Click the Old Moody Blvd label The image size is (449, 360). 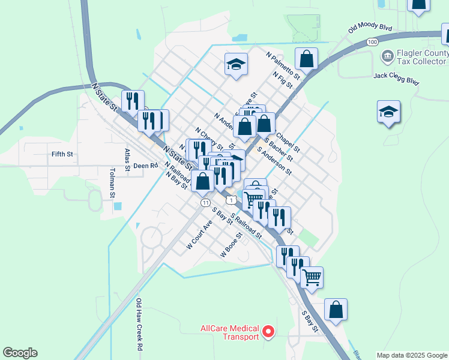click(370, 28)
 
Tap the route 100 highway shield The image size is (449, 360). click(372, 42)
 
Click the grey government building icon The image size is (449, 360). click(387, 56)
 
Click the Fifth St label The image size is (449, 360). click(62, 154)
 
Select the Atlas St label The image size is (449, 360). click(127, 160)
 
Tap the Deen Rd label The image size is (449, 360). click(145, 166)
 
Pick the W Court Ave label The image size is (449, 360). click(199, 235)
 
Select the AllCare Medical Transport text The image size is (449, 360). click(230, 332)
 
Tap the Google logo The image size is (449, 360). click(20, 353)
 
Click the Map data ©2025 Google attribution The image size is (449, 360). click(411, 355)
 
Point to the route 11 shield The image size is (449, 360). click(206, 203)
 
